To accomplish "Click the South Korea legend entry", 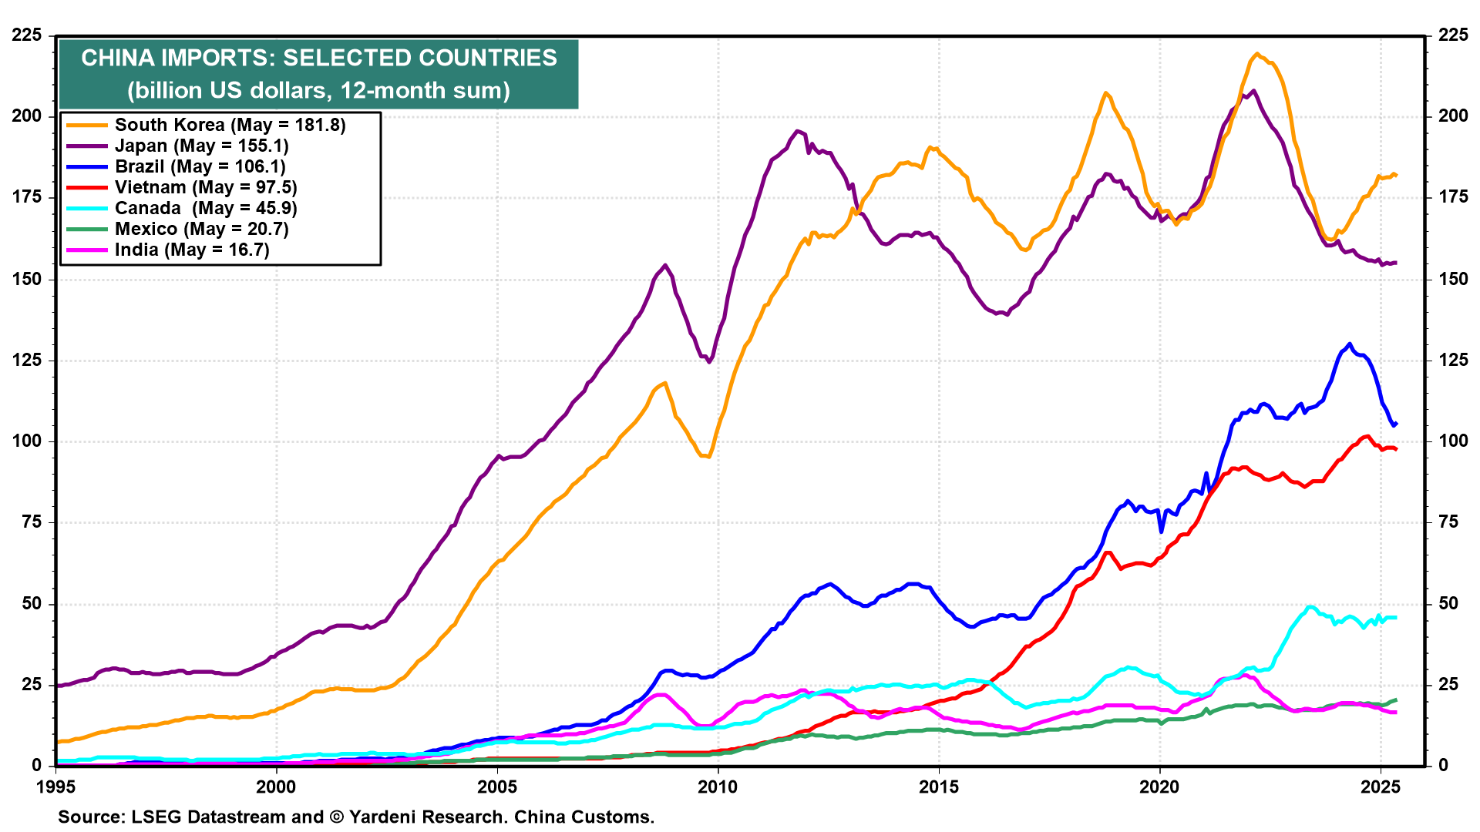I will pos(230,125).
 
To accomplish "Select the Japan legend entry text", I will pos(201,146).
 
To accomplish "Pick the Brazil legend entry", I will pos(200,166).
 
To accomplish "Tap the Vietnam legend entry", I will pos(206,187).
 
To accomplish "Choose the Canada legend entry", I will pos(206,208).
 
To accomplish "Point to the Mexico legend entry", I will pos(201,229).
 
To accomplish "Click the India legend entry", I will pos(192,250).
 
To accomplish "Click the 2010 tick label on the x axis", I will pos(718,787).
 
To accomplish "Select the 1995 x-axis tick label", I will pos(55,787).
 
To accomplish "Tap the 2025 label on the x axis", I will pos(1380,787).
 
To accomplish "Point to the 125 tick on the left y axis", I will pos(27,360).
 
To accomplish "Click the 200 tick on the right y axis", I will pos(1452,116).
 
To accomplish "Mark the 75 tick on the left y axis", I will pos(32,522).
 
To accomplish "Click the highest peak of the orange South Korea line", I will pos(1256,54).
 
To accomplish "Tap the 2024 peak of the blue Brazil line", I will pos(1349,344).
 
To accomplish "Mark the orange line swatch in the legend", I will pos(86,125).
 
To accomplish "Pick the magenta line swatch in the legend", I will pos(86,250).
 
